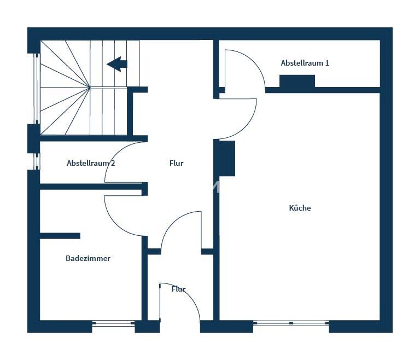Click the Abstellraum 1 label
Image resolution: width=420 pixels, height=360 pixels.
[305, 63]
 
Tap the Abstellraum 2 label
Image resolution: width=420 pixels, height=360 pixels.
[91, 163]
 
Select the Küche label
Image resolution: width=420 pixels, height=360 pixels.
[300, 208]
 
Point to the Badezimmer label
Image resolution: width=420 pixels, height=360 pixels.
[88, 258]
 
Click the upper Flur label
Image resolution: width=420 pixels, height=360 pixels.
[177, 163]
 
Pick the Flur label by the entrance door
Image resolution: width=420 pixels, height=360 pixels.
[179, 289]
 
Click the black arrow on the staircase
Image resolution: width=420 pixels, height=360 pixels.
[117, 64]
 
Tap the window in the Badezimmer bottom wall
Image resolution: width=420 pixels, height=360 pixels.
[114, 323]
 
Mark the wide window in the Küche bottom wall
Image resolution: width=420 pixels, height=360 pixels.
[291, 323]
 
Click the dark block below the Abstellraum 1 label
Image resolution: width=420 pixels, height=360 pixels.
[297, 81]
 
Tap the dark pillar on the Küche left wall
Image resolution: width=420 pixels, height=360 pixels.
[227, 159]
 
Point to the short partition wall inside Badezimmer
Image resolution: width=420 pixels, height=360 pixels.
[60, 236]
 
